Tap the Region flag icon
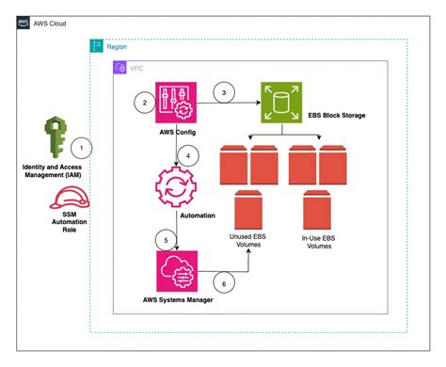[x=95, y=45]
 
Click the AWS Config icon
[x=175, y=104]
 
